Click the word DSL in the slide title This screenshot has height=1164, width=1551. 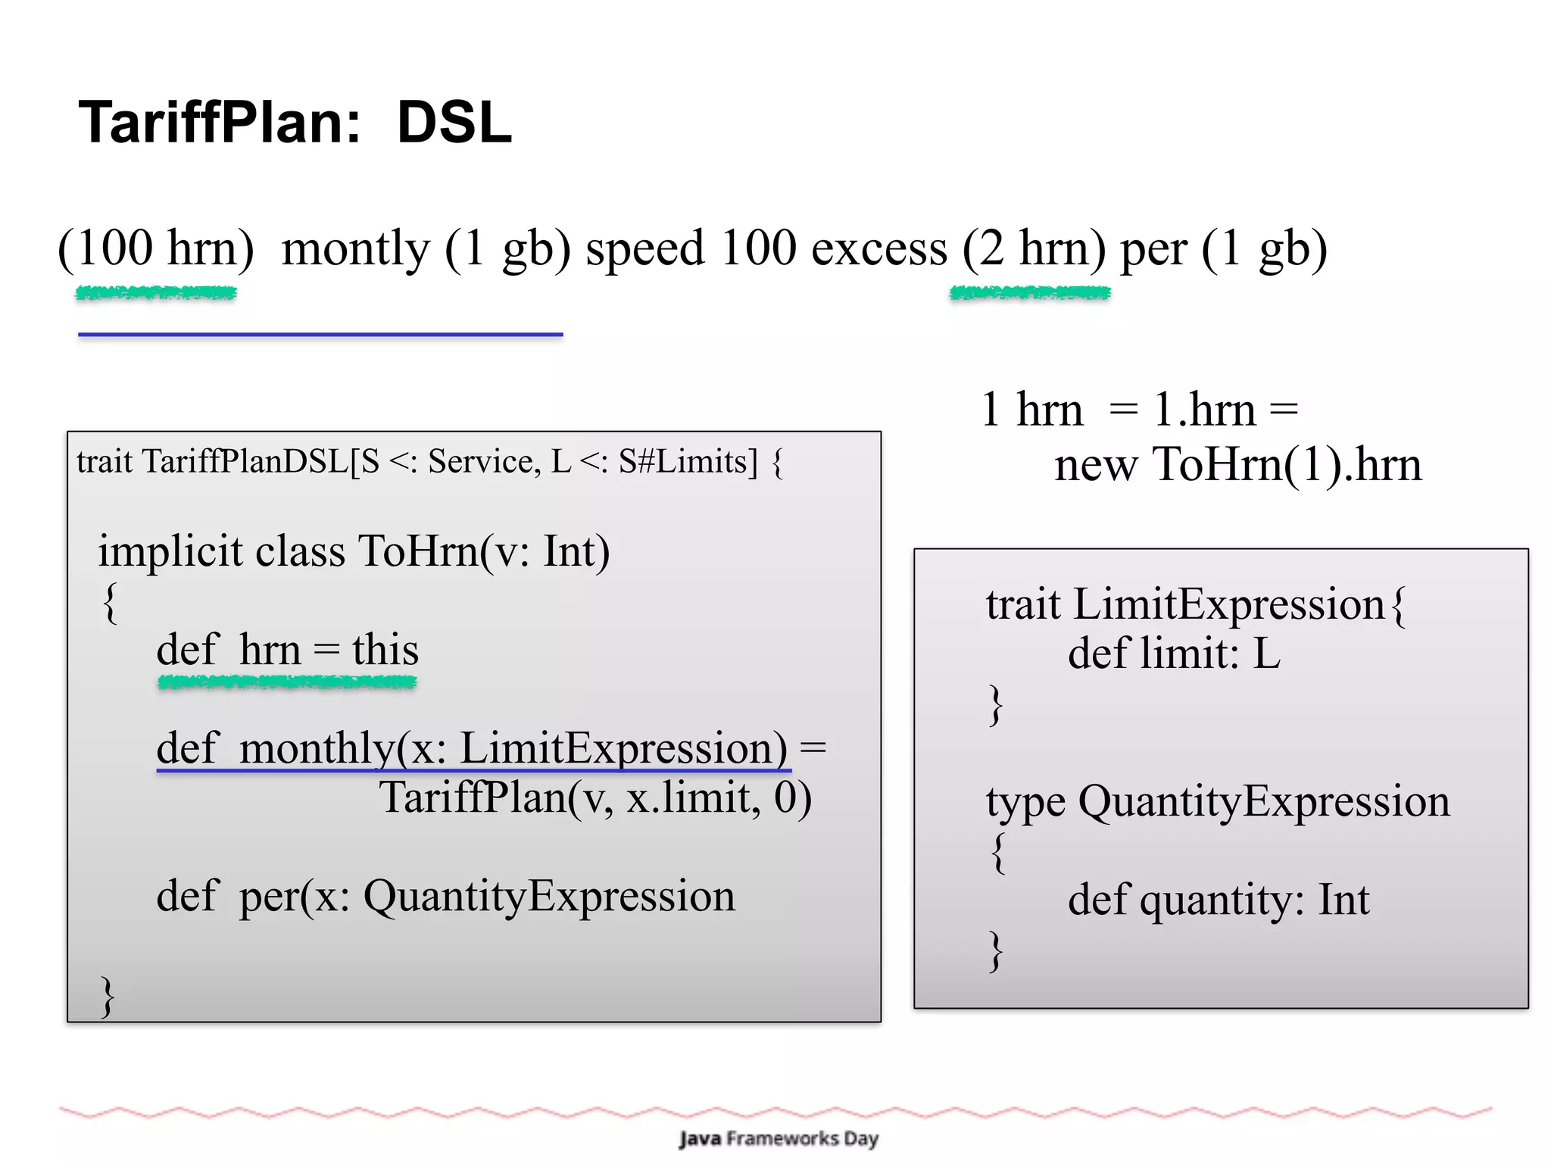pos(454,123)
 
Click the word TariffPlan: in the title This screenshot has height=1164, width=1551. pos(220,123)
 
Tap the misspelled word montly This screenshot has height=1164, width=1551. pos(355,249)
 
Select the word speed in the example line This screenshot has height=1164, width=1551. pos(644,249)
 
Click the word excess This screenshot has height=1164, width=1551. pos(878,249)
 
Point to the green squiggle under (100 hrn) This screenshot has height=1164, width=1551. pos(156,293)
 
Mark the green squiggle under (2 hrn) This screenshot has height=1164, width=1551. pos(1030,293)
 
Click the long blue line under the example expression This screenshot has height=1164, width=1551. pos(320,334)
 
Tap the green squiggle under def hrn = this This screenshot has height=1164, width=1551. pos(287,683)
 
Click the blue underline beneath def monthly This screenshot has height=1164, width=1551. pos(473,771)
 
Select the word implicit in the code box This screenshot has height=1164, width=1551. pos(170,551)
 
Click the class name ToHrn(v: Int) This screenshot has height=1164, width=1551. pos(483,551)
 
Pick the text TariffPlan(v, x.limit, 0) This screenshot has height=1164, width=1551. pos(595,798)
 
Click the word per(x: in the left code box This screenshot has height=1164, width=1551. pos(294,897)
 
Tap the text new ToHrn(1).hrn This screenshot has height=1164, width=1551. pos(1237,464)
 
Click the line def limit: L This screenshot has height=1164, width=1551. pos(1173,653)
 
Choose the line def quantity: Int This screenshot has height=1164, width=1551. pos(1218,900)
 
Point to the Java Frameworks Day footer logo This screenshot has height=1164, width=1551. pos(778,1138)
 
